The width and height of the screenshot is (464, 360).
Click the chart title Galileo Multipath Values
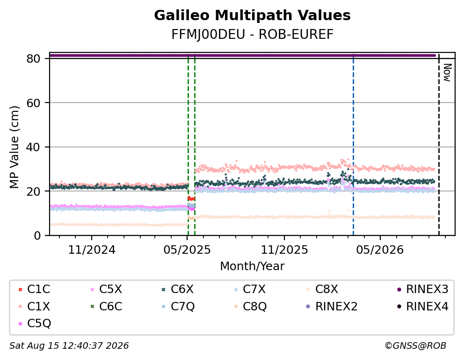[252, 15]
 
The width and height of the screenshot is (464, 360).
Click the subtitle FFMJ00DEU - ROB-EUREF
[252, 35]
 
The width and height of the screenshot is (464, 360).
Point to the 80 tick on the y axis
[33, 59]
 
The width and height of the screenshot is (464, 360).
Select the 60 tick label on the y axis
[33, 103]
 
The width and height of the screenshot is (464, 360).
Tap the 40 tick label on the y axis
[33, 147]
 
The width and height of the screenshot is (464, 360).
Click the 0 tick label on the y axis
[37, 235]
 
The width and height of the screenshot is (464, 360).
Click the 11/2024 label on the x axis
[92, 250]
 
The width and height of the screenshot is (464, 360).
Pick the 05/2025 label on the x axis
[187, 250]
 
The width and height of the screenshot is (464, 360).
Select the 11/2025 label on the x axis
[284, 250]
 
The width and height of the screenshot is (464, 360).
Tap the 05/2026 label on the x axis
[380, 250]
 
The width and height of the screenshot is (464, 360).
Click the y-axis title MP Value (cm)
[14, 147]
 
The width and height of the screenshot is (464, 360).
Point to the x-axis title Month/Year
[252, 266]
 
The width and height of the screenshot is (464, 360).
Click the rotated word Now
[448, 73]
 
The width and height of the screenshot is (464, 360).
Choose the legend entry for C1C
[34, 289]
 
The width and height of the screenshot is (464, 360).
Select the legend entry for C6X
[178, 289]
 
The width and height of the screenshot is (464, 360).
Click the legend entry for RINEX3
[422, 289]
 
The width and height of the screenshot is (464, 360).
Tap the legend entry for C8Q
[250, 307]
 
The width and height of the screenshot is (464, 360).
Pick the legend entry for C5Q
[35, 323]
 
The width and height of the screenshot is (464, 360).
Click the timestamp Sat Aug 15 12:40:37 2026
[69, 346]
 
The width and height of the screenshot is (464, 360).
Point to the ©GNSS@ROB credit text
[415, 346]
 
